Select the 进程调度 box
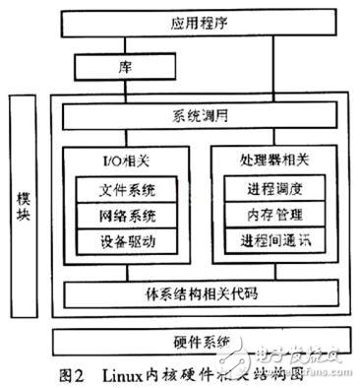pyautogui.click(x=274, y=188)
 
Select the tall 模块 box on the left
pyautogui.click(x=25, y=212)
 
